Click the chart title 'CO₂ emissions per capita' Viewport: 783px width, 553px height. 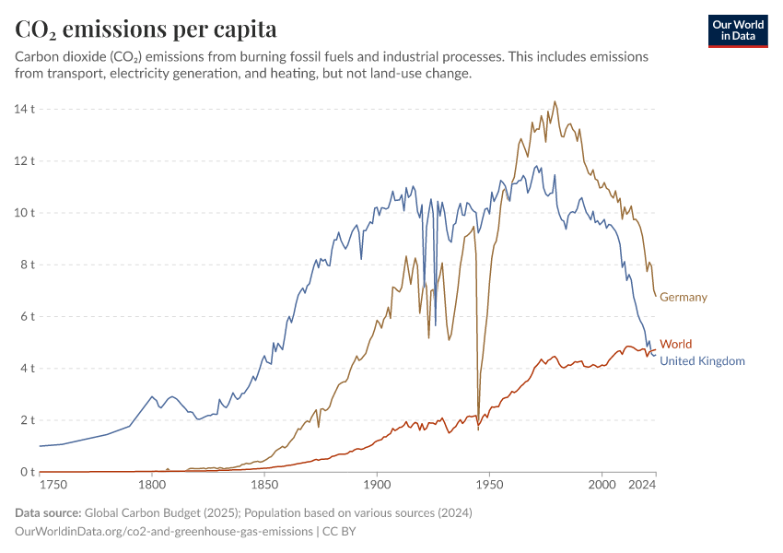(146, 29)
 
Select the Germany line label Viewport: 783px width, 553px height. (684, 297)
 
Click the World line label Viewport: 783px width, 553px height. (675, 344)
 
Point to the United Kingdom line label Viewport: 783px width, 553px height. (702, 361)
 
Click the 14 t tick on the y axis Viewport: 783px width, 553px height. (24, 109)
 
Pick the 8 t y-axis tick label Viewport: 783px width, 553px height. (27, 265)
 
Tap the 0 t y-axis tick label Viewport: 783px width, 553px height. (27, 472)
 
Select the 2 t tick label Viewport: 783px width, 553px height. (27, 420)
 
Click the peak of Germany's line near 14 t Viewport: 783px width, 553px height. (555, 102)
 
